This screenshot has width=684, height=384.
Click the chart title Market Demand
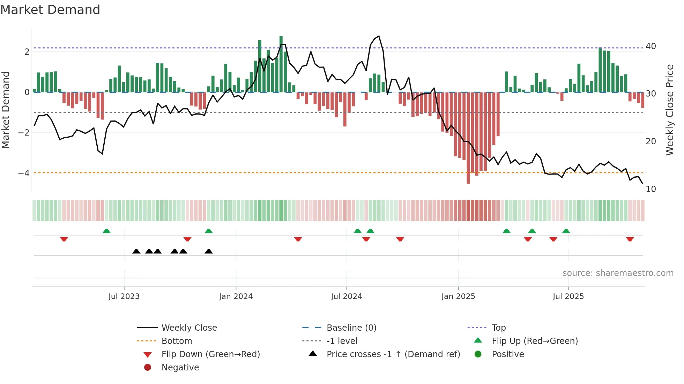pos(50,10)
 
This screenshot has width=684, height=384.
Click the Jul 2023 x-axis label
pos(124,297)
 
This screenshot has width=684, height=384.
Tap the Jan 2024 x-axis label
pos(236,297)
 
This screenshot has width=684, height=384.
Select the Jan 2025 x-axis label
pos(458,297)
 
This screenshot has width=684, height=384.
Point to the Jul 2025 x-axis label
pos(568,297)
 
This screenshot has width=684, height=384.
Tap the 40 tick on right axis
pos(651,46)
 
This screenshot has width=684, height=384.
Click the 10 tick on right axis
pos(651,189)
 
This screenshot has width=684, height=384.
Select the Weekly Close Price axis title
pos(670,110)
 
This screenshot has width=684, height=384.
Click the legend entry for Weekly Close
pos(189,328)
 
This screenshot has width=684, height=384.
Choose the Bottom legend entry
pos(177,341)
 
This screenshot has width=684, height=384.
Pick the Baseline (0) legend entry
pos(351,328)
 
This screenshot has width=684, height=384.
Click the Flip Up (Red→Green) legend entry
pos(535,341)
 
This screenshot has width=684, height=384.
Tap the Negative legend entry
pos(180,368)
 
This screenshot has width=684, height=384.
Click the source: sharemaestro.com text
pos(618,273)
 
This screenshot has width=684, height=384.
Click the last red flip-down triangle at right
pos(630,239)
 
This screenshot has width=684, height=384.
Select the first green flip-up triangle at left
pos(106,231)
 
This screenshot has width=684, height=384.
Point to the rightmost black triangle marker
pos(209,252)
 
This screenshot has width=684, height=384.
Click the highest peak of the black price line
pos(379,36)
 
